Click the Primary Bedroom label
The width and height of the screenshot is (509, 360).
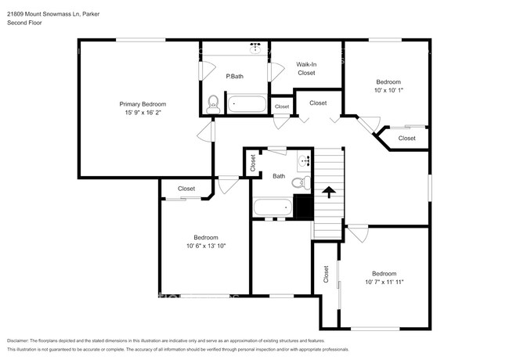[x=143, y=104]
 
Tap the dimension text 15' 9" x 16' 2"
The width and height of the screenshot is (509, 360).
[x=143, y=113]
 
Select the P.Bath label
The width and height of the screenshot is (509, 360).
[x=233, y=76]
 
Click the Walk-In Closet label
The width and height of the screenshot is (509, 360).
[x=305, y=69]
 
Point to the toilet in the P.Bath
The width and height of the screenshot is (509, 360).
[x=214, y=102]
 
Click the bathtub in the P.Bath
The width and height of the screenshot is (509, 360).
[x=246, y=103]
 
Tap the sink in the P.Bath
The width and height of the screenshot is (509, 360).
[x=255, y=47]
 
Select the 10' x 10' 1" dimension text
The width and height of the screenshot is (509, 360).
[x=388, y=91]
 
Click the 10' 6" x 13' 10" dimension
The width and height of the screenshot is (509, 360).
[x=206, y=247]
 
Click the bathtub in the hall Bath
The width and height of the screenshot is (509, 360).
[x=273, y=207]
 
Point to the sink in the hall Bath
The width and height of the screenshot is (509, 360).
[x=304, y=164]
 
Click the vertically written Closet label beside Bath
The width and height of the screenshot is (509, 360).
[x=253, y=163]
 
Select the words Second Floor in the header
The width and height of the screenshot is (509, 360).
[x=25, y=23]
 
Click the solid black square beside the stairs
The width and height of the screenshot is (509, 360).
[x=304, y=207]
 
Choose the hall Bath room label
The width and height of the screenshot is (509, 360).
[x=279, y=176]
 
